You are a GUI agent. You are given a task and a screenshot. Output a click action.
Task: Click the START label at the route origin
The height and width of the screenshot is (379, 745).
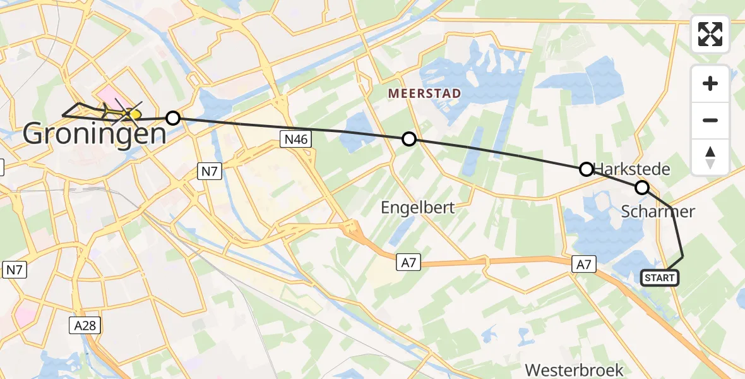point(660,277)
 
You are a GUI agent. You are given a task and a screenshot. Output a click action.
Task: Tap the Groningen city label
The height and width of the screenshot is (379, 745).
point(95,133)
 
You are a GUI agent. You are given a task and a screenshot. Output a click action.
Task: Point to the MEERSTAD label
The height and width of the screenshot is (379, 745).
point(424,93)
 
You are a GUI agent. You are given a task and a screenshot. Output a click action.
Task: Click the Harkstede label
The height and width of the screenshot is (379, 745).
point(631,169)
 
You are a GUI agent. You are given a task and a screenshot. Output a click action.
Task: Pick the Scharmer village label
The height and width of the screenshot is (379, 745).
point(658,211)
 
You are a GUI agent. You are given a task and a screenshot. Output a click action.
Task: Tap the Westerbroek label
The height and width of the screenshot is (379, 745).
point(574,370)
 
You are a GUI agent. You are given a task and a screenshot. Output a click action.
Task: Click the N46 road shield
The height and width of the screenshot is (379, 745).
point(295,140)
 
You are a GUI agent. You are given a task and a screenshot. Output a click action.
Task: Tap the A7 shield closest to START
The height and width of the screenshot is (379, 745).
point(584,265)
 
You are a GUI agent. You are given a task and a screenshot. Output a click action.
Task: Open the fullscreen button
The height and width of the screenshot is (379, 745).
point(710,34)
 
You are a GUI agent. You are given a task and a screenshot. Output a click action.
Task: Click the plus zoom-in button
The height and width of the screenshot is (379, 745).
point(710,83)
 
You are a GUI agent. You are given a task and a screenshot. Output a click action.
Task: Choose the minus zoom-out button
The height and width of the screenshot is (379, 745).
point(710,120)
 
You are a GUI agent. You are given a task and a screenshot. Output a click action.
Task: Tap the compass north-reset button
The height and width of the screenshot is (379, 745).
point(710,157)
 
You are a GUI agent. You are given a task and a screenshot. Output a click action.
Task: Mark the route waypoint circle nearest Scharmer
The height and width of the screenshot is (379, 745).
point(642,187)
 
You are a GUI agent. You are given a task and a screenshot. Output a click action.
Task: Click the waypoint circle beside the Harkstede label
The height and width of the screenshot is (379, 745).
point(587,169)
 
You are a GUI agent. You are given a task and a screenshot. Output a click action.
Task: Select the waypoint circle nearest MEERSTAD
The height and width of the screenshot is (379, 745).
point(409,139)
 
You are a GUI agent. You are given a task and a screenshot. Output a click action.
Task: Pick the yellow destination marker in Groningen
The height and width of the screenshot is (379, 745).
point(133,114)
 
